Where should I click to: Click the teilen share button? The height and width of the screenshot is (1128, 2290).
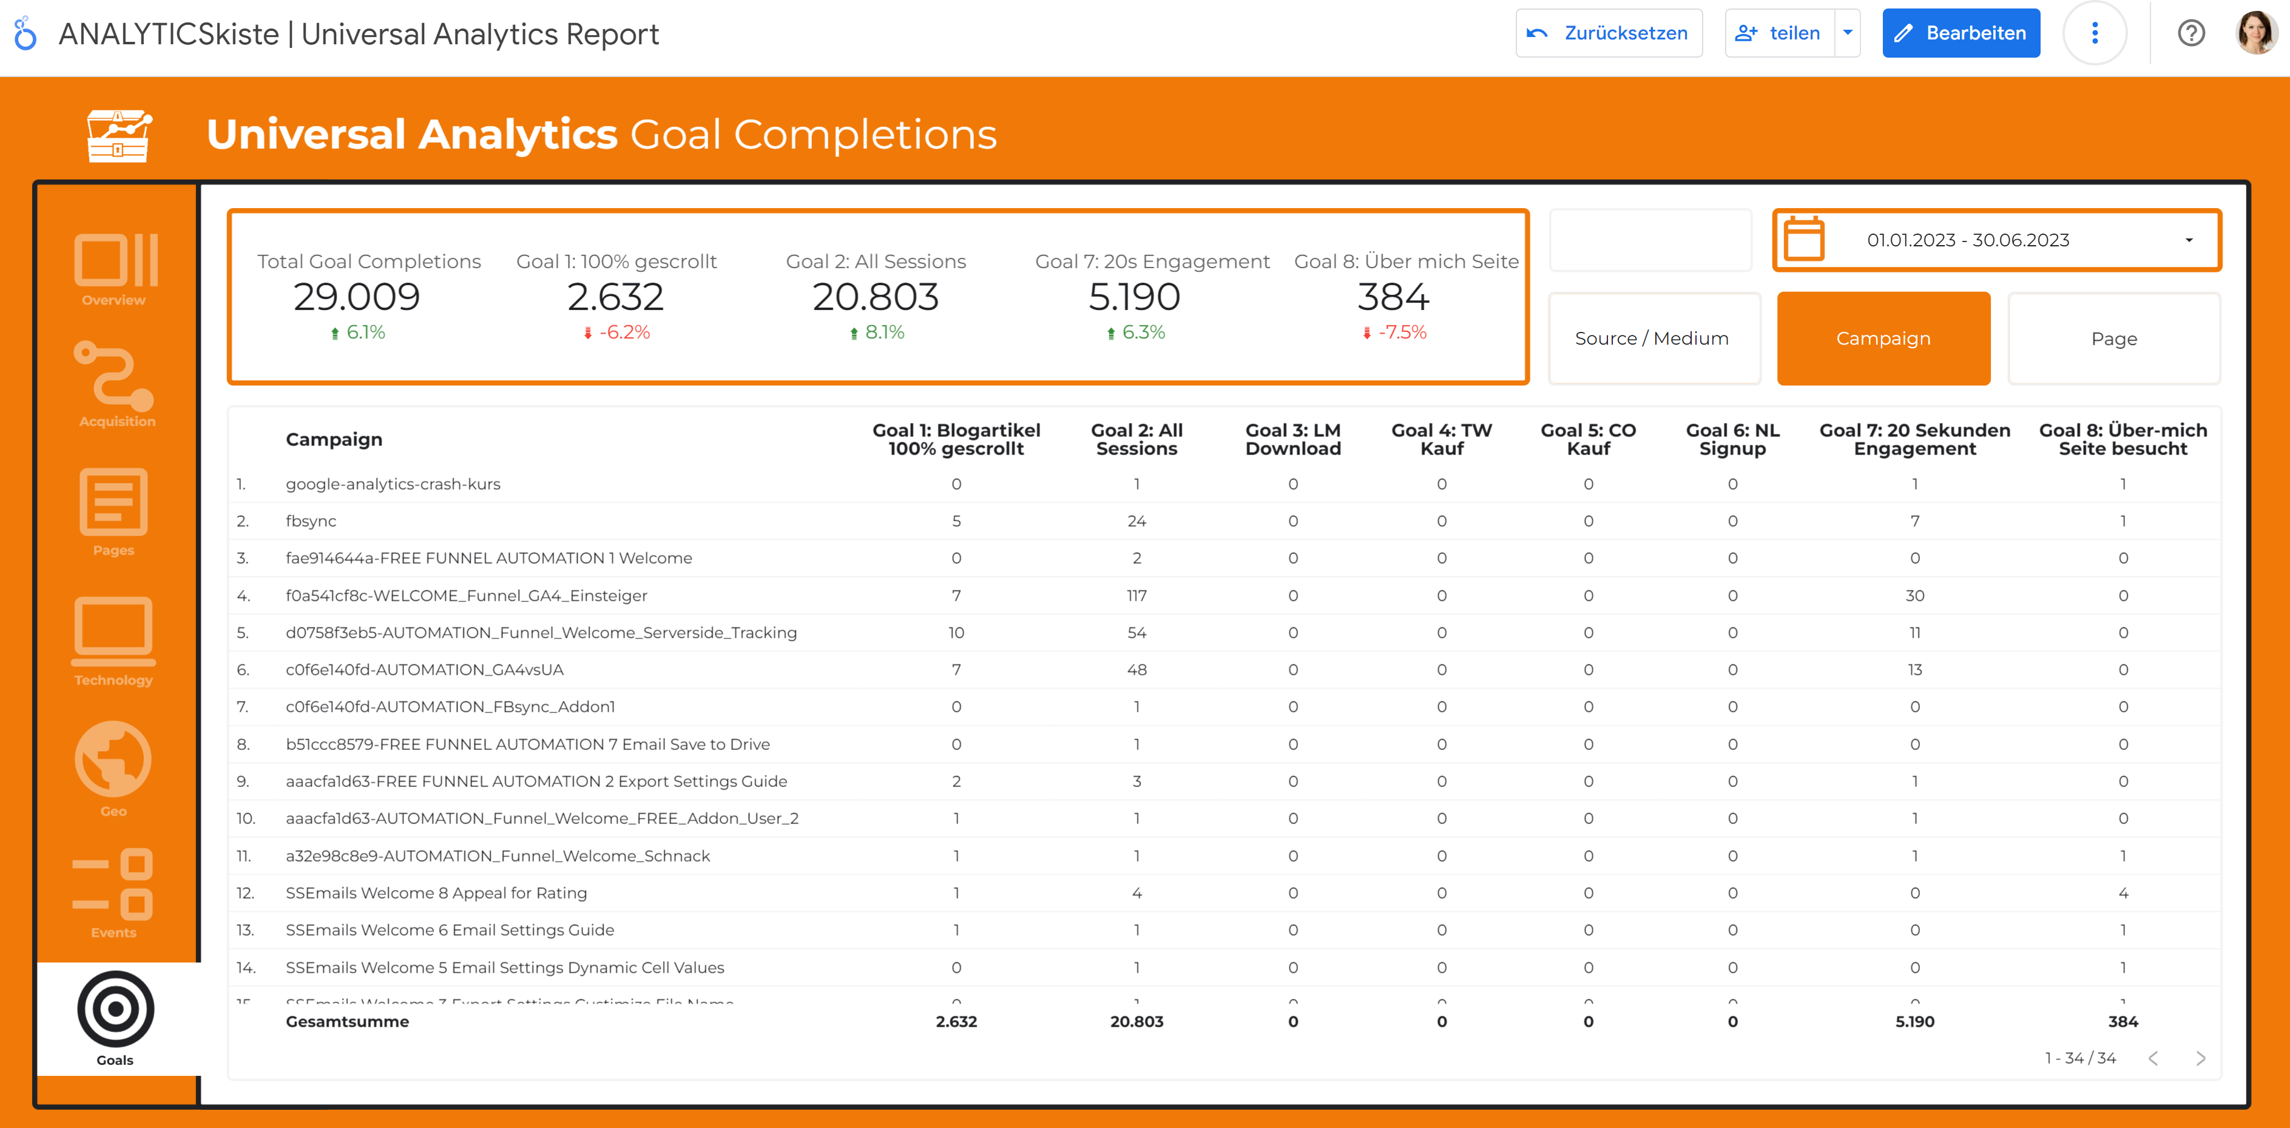tap(1780, 33)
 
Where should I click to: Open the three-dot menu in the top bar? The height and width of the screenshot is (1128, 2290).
tap(2095, 33)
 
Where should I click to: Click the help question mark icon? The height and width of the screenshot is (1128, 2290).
tap(2190, 33)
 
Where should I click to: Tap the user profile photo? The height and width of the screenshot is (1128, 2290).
tap(2255, 33)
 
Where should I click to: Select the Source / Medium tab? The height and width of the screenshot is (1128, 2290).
tap(1653, 339)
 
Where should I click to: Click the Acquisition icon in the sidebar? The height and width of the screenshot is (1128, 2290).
tap(115, 383)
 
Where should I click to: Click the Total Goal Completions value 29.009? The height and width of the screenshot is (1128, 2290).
tap(356, 297)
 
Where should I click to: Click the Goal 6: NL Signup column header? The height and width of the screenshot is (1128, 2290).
tap(1732, 439)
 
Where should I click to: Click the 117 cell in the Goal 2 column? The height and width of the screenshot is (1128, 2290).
tap(1136, 596)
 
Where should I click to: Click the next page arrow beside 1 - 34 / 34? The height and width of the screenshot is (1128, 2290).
tap(2200, 1058)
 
